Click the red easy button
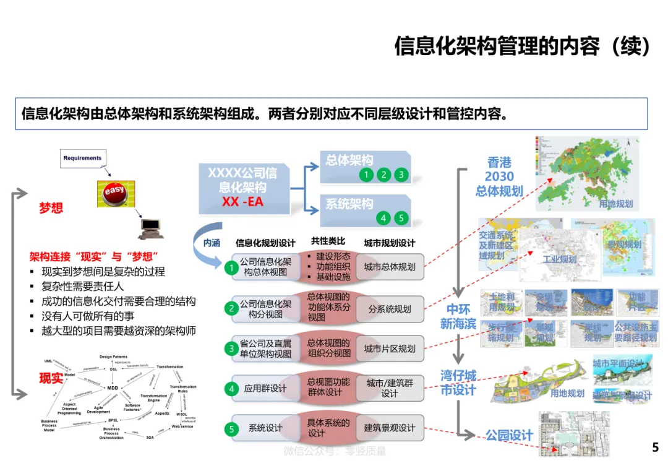[x=115, y=194]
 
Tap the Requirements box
[x=82, y=158]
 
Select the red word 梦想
[x=51, y=208]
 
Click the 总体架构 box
[x=365, y=167]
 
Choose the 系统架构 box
[x=365, y=210]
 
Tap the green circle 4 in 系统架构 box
[x=383, y=218]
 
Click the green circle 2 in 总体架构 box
[x=383, y=175]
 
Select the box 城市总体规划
[x=390, y=267]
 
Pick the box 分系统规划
[x=390, y=308]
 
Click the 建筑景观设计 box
[x=390, y=428]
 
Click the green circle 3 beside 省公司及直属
[x=231, y=348]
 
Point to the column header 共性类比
[x=328, y=241]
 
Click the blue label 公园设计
[x=508, y=436]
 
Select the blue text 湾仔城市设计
[x=458, y=383]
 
